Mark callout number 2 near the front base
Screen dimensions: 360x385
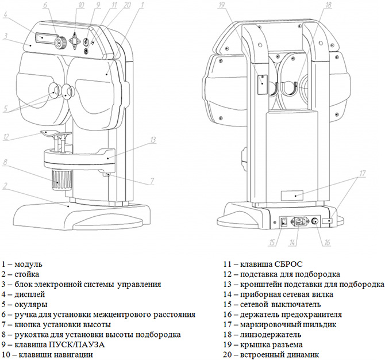pos(5,186)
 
